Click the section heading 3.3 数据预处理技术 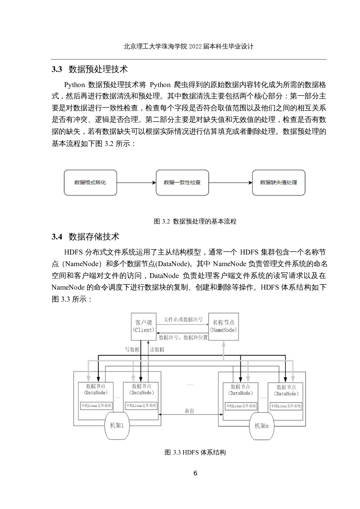click(90, 69)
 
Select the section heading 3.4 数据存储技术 click(85, 237)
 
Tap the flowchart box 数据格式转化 click(90, 183)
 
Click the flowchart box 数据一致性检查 click(182, 183)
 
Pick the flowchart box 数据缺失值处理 click(278, 183)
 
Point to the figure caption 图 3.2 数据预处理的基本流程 click(195, 221)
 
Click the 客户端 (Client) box click(143, 326)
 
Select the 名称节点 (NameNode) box click(224, 326)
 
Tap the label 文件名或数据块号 click(183, 319)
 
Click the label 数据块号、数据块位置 click(183, 337)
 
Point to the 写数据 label click(132, 349)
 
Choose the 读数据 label click(157, 349)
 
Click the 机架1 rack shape click(117, 425)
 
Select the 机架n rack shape click(262, 426)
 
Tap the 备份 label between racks click(190, 411)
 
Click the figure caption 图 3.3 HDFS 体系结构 click(195, 452)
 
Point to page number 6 click(195, 473)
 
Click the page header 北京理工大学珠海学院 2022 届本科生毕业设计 click(188, 46)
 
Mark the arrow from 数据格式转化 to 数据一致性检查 click(136, 183)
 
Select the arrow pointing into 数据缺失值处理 click(231, 183)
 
